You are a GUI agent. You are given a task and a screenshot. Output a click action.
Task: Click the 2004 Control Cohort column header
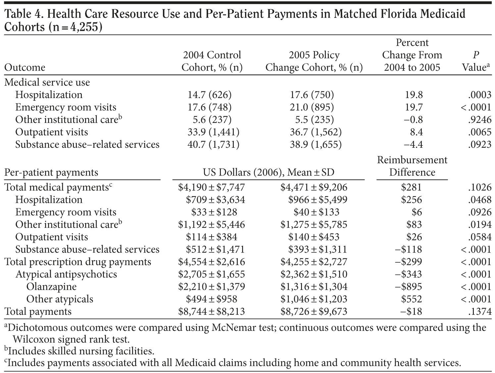click(212, 61)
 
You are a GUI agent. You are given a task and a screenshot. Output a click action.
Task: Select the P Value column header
click(476, 61)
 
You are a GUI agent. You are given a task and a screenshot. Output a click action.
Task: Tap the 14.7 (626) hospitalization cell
click(210, 95)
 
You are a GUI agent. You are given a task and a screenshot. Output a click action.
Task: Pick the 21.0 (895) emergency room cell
click(312, 107)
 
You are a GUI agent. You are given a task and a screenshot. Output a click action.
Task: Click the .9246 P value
click(480, 120)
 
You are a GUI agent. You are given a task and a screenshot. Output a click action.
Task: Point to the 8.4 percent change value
click(416, 132)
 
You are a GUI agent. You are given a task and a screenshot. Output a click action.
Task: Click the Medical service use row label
click(47, 82)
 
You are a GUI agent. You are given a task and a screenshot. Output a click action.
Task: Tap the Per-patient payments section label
click(51, 173)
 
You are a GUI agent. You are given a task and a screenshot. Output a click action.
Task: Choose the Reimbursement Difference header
click(412, 166)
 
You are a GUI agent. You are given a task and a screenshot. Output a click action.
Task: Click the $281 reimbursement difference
click(411, 187)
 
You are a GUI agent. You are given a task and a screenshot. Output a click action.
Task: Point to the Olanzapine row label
click(51, 287)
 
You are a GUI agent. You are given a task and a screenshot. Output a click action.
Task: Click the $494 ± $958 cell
click(212, 299)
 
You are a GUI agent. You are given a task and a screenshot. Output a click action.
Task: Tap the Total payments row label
click(38, 312)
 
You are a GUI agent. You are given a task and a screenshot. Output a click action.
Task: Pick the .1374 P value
click(480, 312)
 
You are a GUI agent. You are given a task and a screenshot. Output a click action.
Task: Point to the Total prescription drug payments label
click(77, 262)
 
